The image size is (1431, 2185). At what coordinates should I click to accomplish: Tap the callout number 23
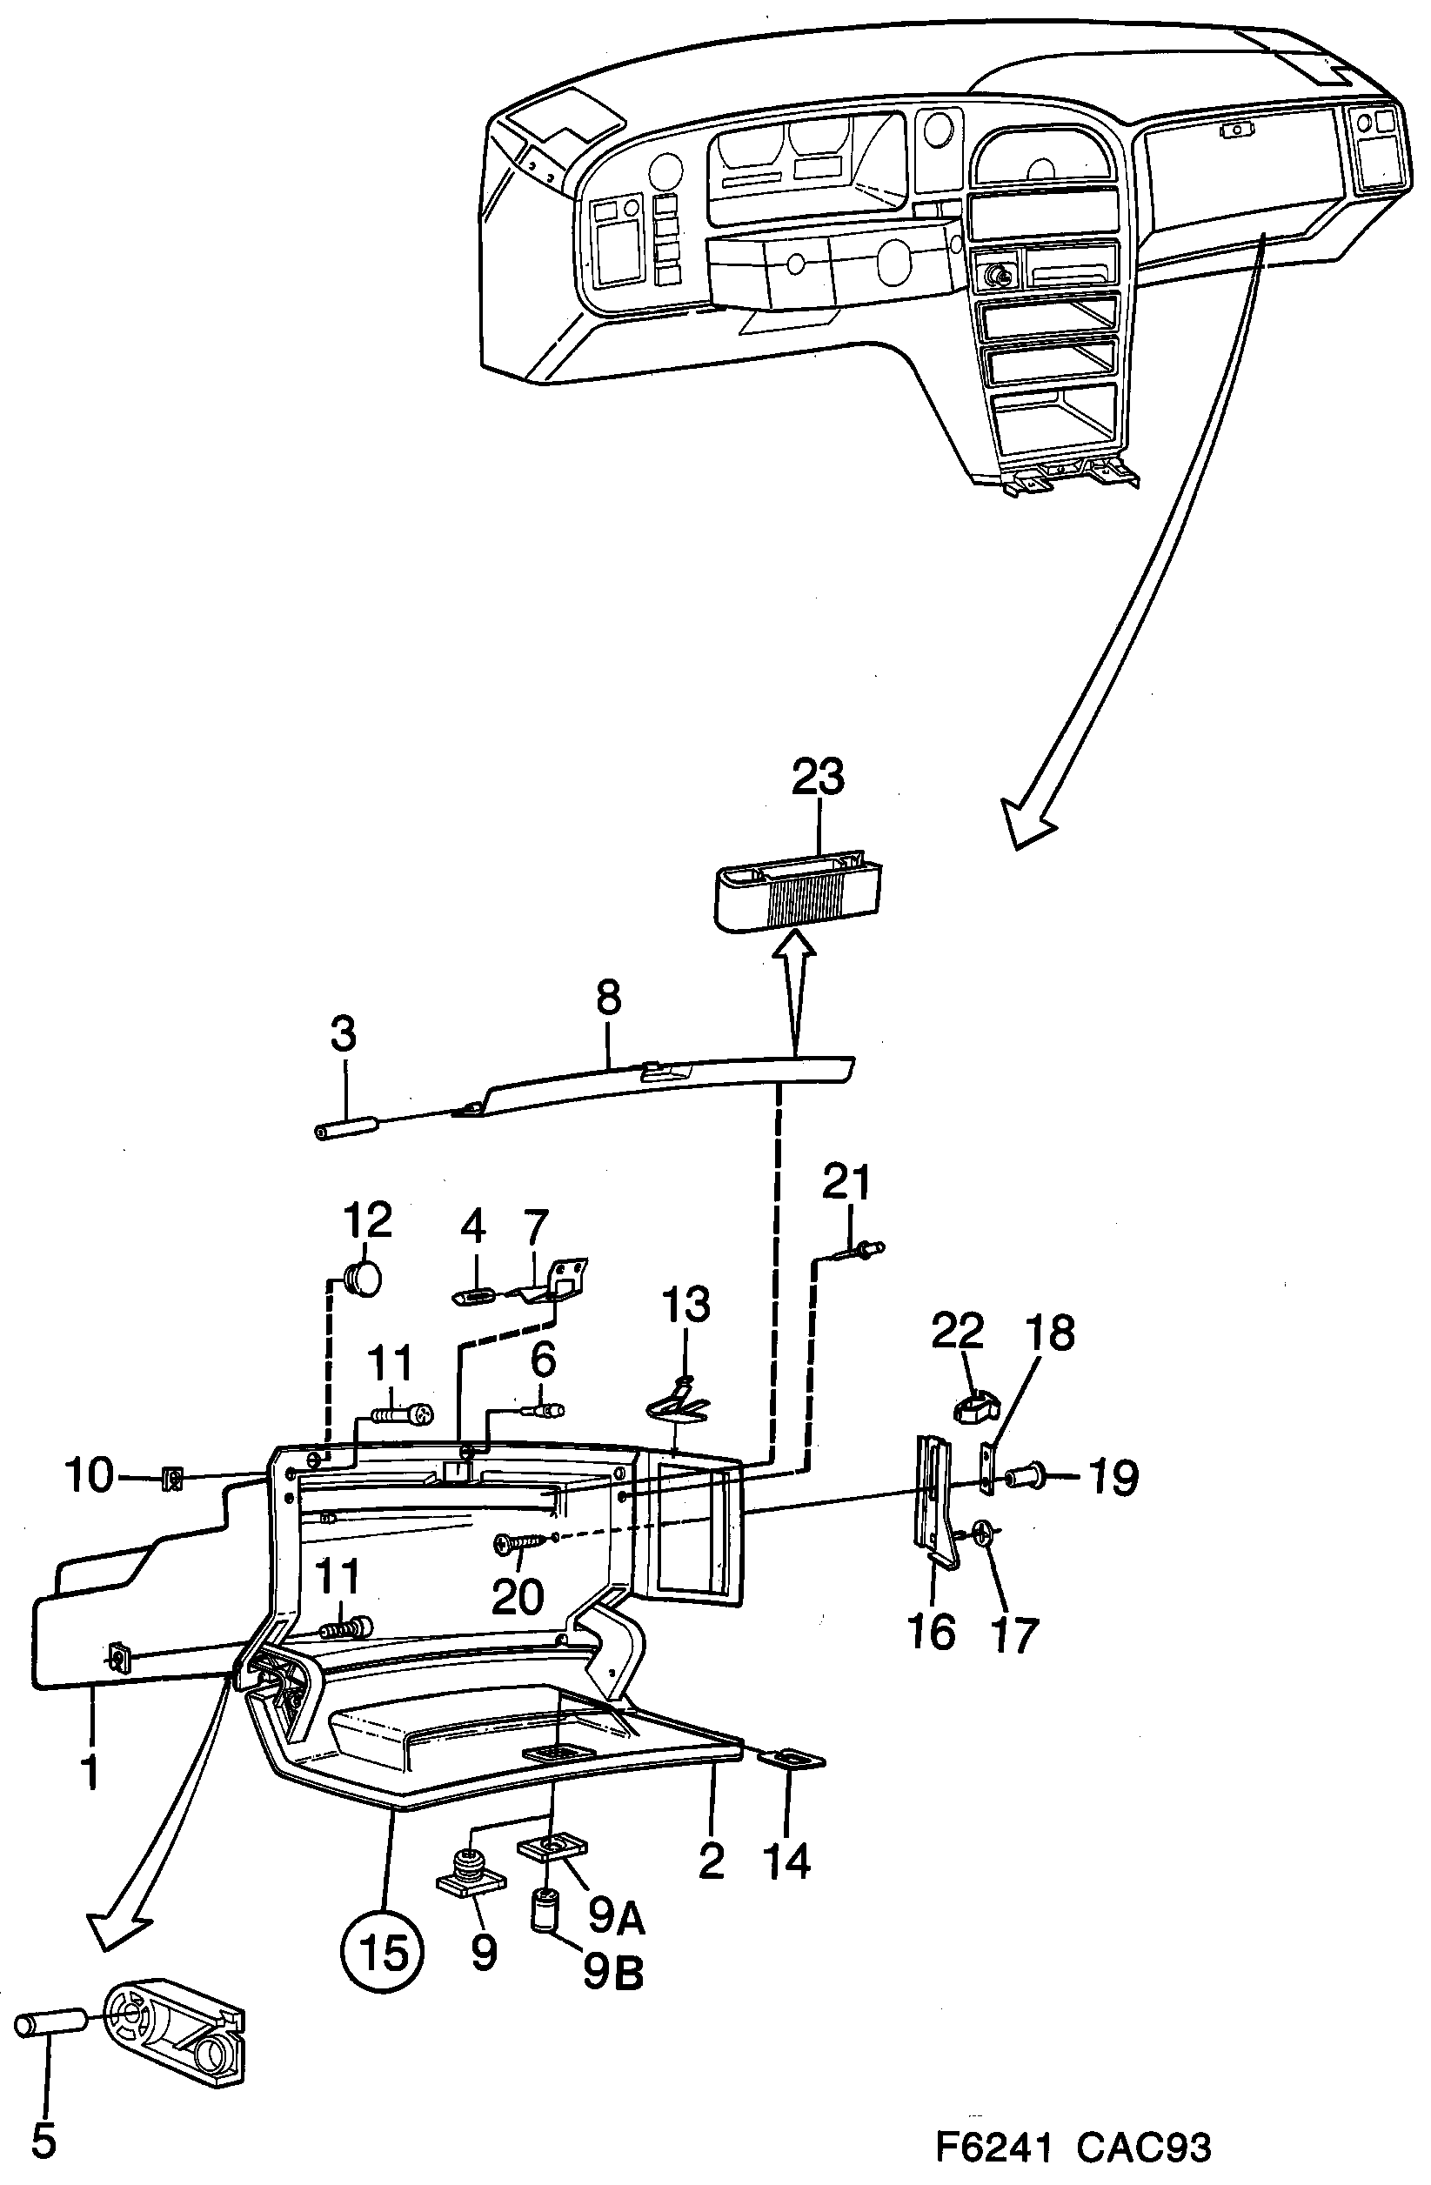click(x=818, y=776)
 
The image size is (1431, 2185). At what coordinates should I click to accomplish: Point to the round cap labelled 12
click(x=364, y=1279)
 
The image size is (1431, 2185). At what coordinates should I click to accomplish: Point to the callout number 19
click(x=1113, y=1477)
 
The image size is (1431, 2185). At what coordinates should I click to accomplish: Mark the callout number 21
click(x=846, y=1181)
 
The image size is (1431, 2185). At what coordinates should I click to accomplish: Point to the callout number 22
click(x=958, y=1330)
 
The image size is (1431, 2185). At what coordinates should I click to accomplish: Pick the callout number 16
click(x=931, y=1632)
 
